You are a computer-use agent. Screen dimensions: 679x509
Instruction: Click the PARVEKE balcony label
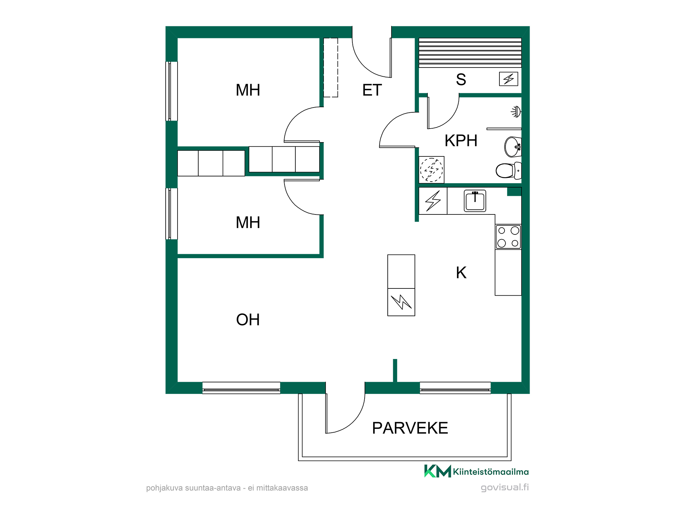tap(410, 428)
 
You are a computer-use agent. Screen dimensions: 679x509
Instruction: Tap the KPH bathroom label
tap(461, 140)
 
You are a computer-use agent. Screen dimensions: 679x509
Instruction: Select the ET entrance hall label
tap(372, 90)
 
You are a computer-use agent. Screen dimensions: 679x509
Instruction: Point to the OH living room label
tap(248, 320)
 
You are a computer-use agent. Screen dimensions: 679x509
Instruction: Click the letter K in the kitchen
tap(461, 272)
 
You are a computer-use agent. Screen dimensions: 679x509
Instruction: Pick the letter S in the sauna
tap(461, 79)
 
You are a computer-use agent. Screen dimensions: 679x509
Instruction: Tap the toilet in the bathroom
tap(509, 170)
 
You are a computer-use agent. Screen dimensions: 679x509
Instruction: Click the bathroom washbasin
tap(513, 147)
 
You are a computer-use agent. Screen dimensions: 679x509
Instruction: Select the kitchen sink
tap(475, 201)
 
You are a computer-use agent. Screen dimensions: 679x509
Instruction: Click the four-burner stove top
tap(508, 237)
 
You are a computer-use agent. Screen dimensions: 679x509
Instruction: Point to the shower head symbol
tap(516, 112)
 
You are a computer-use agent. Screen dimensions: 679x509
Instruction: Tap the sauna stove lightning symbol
tap(509, 79)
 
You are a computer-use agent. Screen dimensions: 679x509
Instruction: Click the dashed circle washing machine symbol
tap(432, 170)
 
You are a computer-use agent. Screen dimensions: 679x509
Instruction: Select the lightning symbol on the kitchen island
tap(401, 302)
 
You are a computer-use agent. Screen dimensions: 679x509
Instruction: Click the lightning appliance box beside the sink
tap(433, 201)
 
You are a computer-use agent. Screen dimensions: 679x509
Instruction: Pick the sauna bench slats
tap(470, 53)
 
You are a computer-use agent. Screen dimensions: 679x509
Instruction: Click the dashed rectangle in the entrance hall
tap(331, 68)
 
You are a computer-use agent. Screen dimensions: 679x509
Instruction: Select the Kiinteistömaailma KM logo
tap(476, 471)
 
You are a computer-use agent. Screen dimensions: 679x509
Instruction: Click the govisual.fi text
tap(505, 488)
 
